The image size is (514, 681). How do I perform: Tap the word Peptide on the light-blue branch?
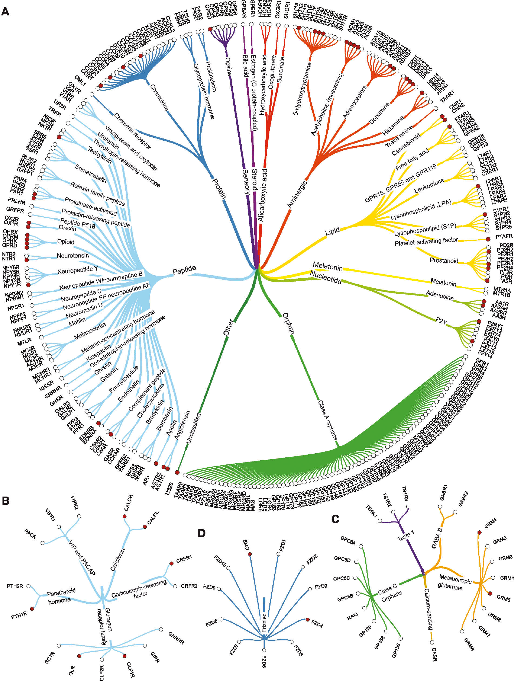[x=184, y=270]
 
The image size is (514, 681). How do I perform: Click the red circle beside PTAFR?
[x=488, y=239]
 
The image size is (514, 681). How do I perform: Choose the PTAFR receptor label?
[x=504, y=236]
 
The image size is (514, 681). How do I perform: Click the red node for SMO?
[x=250, y=554]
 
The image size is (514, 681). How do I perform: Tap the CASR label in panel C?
[x=434, y=655]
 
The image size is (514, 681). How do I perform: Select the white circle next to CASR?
[x=432, y=643]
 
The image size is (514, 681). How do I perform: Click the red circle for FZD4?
[x=308, y=619]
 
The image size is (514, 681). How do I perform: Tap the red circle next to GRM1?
[x=479, y=532]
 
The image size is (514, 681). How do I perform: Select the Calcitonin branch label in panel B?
[x=118, y=560]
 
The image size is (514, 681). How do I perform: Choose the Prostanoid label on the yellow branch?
[x=443, y=260]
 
